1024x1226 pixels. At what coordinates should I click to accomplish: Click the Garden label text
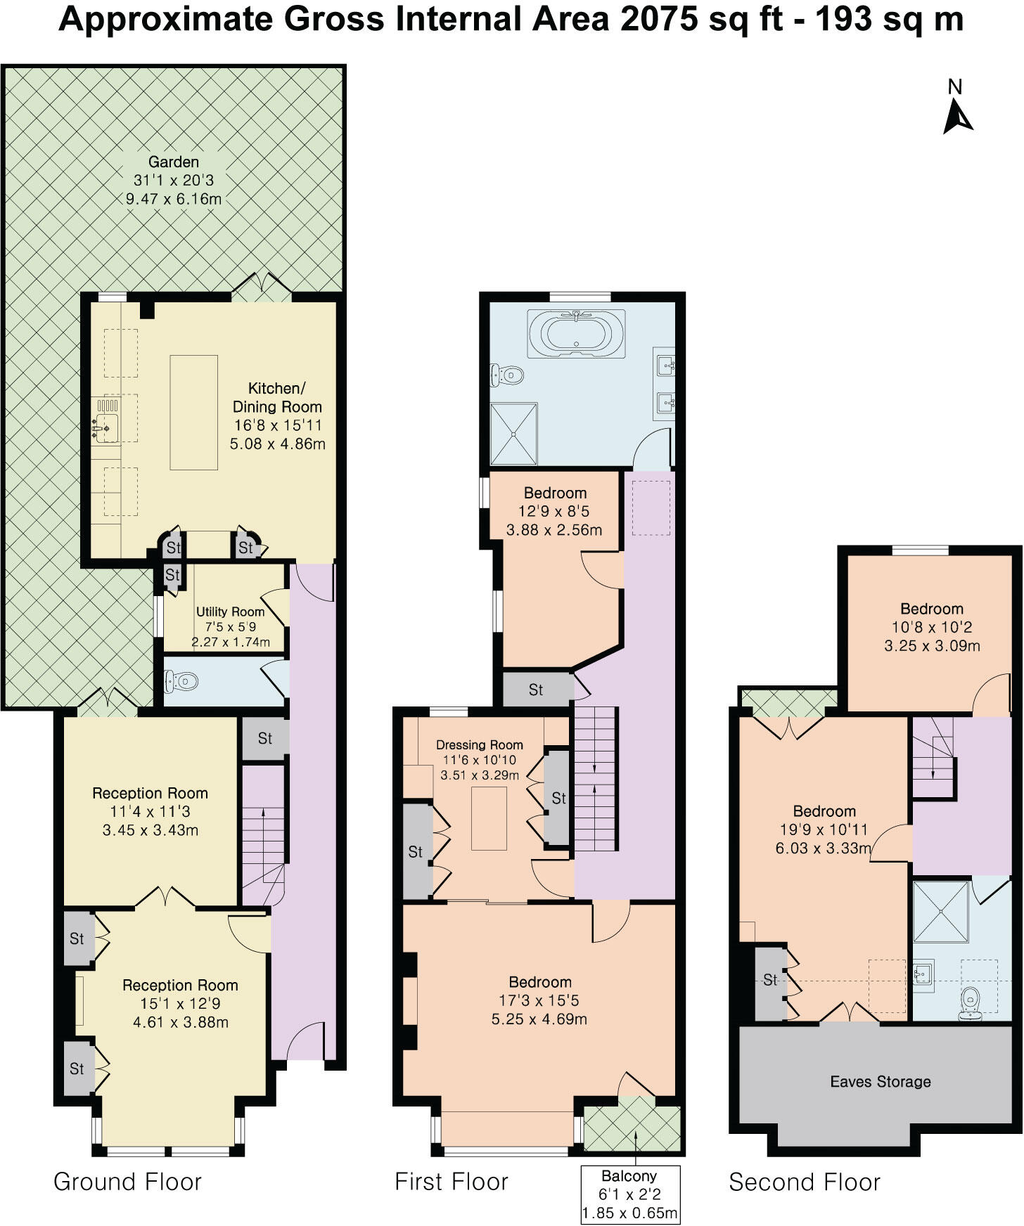click(x=173, y=162)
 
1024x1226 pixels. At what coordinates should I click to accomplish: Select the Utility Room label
click(x=230, y=612)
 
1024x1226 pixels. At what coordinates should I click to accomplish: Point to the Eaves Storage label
click(x=880, y=1082)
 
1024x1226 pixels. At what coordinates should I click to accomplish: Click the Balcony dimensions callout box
click(x=630, y=1194)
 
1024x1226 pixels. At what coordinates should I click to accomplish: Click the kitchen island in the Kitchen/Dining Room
click(x=193, y=412)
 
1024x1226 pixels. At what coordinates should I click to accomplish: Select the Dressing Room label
click(x=479, y=744)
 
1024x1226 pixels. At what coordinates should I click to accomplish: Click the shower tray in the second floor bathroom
click(x=940, y=910)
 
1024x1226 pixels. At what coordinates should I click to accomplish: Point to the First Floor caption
click(x=451, y=1182)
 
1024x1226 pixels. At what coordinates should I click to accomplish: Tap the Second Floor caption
click(x=804, y=1182)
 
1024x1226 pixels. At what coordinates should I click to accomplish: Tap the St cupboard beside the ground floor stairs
click(x=264, y=738)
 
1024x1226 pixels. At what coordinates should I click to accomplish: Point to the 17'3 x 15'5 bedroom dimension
click(x=539, y=1000)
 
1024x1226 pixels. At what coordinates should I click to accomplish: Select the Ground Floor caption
click(x=127, y=1182)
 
